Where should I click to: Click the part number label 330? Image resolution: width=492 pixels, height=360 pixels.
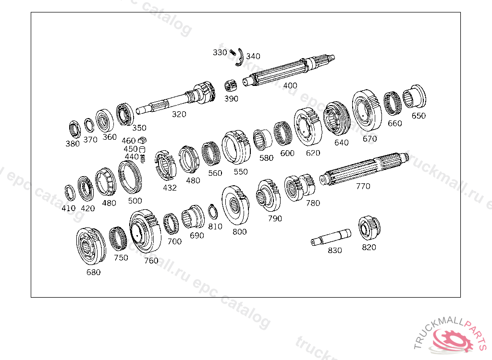(220, 52)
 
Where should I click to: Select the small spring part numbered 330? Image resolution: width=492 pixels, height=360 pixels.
(233, 52)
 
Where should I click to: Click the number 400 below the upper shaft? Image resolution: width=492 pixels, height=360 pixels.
(290, 85)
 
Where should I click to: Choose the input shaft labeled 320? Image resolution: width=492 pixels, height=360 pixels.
(176, 97)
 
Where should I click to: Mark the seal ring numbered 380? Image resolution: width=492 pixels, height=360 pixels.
(74, 129)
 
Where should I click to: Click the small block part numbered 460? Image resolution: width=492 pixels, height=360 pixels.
(142, 140)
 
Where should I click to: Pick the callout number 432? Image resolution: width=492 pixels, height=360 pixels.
(170, 188)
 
